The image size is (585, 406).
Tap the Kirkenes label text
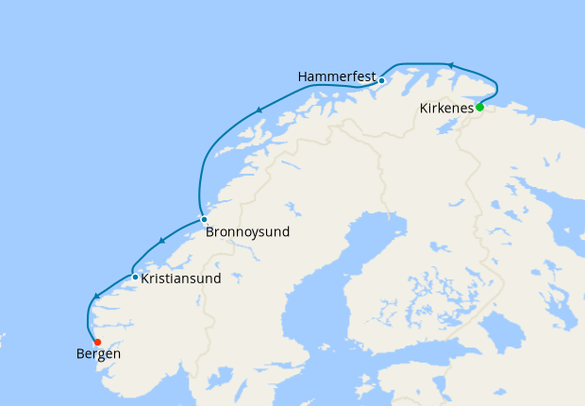coord(446,109)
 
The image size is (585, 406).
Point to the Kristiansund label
coord(181,279)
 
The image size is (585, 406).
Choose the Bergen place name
coord(98,354)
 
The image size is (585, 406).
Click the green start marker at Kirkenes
coord(479,107)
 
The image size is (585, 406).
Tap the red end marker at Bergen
coord(97,342)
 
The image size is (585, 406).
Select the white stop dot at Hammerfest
coord(381,80)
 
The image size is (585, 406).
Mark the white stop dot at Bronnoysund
coord(204,219)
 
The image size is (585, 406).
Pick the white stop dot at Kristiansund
coord(136,278)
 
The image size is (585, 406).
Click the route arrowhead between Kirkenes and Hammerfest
coord(450,66)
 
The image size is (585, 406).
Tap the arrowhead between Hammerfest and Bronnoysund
coord(258,111)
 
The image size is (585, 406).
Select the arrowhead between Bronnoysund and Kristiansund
coord(161,241)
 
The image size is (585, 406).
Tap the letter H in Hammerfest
coord(302,76)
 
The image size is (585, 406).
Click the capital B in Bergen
coord(79,354)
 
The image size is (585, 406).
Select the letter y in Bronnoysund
coord(249,232)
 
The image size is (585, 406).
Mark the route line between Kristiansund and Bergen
coord(90,316)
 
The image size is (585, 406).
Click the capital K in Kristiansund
coord(145,279)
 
